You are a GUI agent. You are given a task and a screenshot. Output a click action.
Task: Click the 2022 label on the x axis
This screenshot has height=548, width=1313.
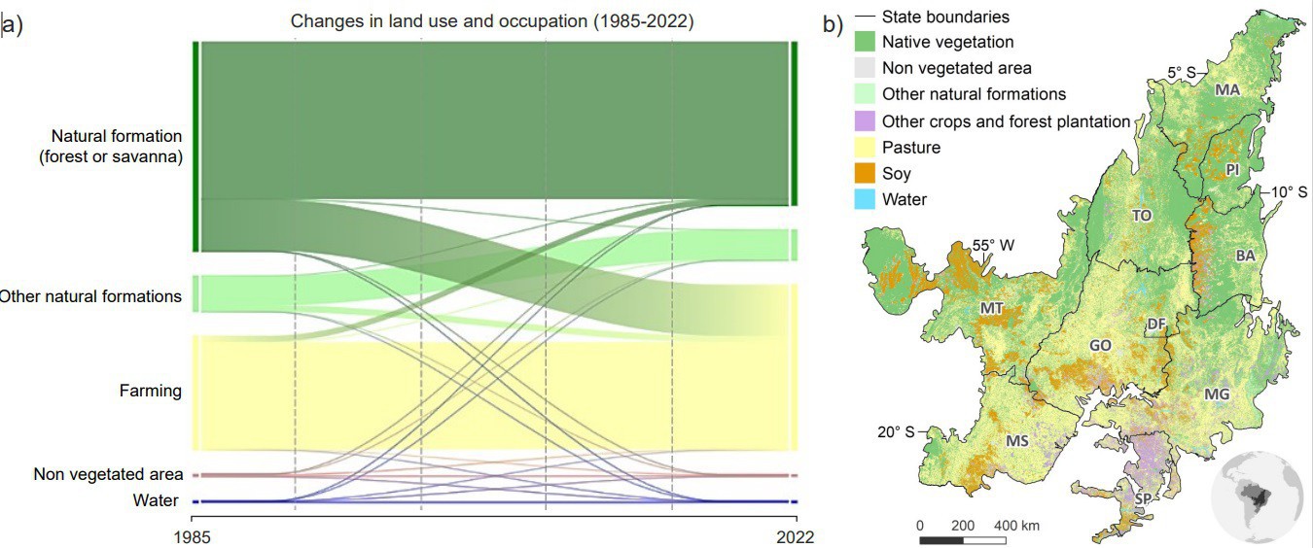click(x=795, y=535)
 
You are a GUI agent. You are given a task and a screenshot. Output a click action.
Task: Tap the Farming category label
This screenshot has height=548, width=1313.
click(x=151, y=391)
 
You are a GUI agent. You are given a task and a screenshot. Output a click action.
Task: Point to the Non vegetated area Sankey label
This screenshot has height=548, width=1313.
click(x=108, y=474)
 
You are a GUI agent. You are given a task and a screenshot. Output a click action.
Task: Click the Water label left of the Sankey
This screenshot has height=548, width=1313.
click(x=157, y=500)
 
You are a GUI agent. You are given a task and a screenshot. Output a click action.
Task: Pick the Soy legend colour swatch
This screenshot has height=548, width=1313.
click(x=865, y=174)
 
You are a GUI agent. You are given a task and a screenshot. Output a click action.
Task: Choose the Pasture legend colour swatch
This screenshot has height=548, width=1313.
click(x=865, y=148)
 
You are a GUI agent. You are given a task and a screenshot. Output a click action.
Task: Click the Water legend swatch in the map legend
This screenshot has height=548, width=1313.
click(x=865, y=200)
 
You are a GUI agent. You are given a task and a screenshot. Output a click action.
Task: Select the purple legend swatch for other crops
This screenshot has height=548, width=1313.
click(x=865, y=121)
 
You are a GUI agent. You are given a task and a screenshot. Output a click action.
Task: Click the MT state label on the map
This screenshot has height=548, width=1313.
click(x=992, y=309)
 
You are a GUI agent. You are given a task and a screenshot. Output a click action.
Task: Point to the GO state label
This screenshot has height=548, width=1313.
click(x=1100, y=345)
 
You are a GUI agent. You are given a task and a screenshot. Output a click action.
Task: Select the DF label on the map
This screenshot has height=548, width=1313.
click(x=1156, y=325)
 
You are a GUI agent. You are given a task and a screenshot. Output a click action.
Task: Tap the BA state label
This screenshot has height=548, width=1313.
click(x=1245, y=256)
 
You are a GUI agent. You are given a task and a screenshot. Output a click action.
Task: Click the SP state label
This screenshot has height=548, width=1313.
click(x=1145, y=498)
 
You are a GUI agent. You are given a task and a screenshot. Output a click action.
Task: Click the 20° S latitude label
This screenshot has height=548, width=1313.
click(x=896, y=432)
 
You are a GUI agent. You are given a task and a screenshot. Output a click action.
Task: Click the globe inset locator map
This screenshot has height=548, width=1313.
click(x=1257, y=497)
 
